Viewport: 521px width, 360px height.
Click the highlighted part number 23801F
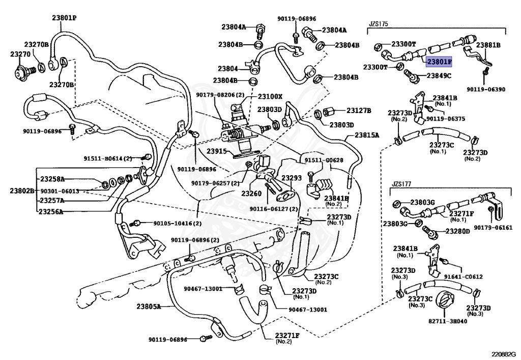click(439, 62)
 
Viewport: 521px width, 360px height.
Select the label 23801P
click(64, 17)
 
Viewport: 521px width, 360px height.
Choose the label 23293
click(292, 178)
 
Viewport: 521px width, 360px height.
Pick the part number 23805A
click(148, 306)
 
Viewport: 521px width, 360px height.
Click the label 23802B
click(21, 190)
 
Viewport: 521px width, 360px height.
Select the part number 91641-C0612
click(463, 276)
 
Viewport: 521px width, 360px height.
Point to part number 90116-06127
click(274, 208)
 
